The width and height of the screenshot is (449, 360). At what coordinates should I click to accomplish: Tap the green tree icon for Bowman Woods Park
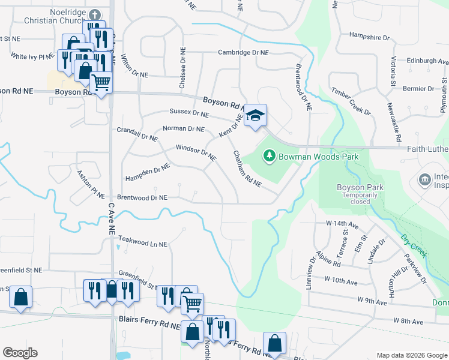[270, 157]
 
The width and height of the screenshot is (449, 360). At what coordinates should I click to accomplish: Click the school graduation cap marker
[255, 116]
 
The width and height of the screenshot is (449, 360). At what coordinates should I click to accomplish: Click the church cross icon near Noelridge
[94, 14]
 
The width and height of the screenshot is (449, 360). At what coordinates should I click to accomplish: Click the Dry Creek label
[414, 245]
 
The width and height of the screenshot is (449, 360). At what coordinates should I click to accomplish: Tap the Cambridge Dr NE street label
[243, 53]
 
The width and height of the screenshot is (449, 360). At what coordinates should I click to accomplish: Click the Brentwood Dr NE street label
[142, 197]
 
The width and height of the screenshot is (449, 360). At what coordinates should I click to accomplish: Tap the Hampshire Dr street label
[369, 37]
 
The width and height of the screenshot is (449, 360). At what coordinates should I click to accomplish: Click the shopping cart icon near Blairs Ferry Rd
[192, 304]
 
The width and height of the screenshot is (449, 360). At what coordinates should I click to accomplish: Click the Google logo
[20, 353]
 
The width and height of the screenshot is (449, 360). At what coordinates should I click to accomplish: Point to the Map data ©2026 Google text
[411, 355]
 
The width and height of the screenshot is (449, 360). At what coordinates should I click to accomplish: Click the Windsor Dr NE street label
[196, 152]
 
